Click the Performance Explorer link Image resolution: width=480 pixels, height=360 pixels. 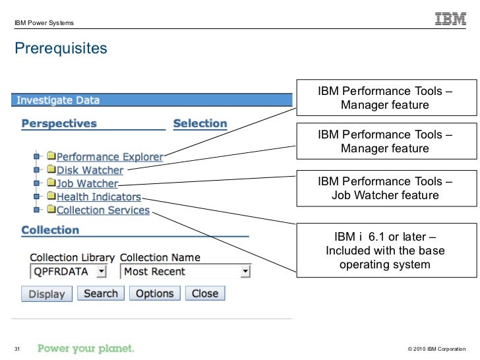tap(109, 157)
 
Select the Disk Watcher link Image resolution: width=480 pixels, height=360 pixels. tap(90, 171)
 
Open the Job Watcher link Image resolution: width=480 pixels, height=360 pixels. tap(87, 184)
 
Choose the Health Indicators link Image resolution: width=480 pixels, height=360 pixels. tap(98, 197)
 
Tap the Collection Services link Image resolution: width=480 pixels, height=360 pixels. tap(103, 210)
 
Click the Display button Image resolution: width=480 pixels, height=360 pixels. tap(47, 294)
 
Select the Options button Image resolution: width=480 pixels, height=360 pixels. tap(154, 293)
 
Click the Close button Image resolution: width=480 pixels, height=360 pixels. tap(205, 293)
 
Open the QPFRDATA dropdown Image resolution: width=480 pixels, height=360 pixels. tap(69, 272)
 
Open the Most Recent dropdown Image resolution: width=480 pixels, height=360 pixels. tap(185, 272)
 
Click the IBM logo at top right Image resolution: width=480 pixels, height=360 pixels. tap(450, 20)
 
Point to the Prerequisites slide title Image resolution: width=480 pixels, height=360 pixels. tap(61, 49)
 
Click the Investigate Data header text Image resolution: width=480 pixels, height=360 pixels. tap(58, 101)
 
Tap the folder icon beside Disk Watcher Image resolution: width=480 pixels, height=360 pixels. tap(51, 170)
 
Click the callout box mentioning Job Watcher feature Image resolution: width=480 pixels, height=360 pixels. tap(385, 189)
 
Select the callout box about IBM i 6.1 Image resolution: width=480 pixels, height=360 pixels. tap(385, 251)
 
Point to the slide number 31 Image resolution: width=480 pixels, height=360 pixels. tap(18, 348)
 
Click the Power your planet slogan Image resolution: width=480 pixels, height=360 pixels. tap(86, 348)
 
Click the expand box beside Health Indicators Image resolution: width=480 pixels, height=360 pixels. tap(37, 196)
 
